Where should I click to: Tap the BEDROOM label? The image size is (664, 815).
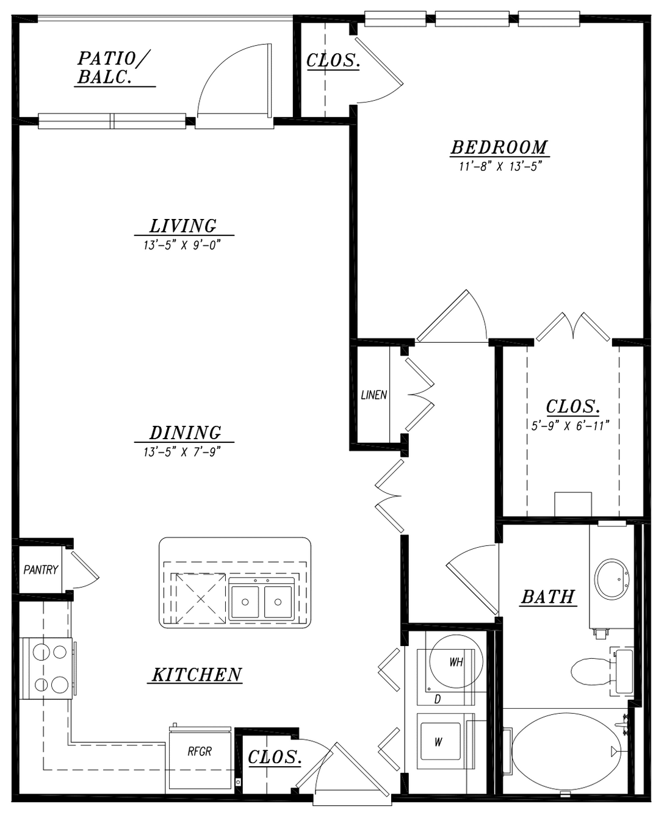pyautogui.click(x=499, y=147)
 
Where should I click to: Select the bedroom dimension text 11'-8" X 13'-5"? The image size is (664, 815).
pyautogui.click(x=500, y=167)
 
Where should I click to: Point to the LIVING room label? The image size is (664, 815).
pyautogui.click(x=183, y=226)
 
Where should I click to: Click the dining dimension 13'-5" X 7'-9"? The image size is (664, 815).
pyautogui.click(x=183, y=452)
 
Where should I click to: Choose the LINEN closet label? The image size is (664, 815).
pyautogui.click(x=374, y=395)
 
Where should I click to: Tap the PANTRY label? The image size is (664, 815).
pyautogui.click(x=40, y=570)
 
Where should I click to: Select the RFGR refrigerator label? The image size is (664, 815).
pyautogui.click(x=200, y=752)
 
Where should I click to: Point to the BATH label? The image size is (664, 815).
pyautogui.click(x=548, y=597)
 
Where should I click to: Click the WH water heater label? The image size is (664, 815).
pyautogui.click(x=456, y=662)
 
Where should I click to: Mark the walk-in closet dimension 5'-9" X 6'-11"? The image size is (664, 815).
pyautogui.click(x=570, y=425)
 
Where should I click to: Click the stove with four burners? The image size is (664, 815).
pyautogui.click(x=46, y=669)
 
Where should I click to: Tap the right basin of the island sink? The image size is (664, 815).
pyautogui.click(x=278, y=602)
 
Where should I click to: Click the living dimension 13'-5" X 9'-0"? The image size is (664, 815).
pyautogui.click(x=183, y=245)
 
